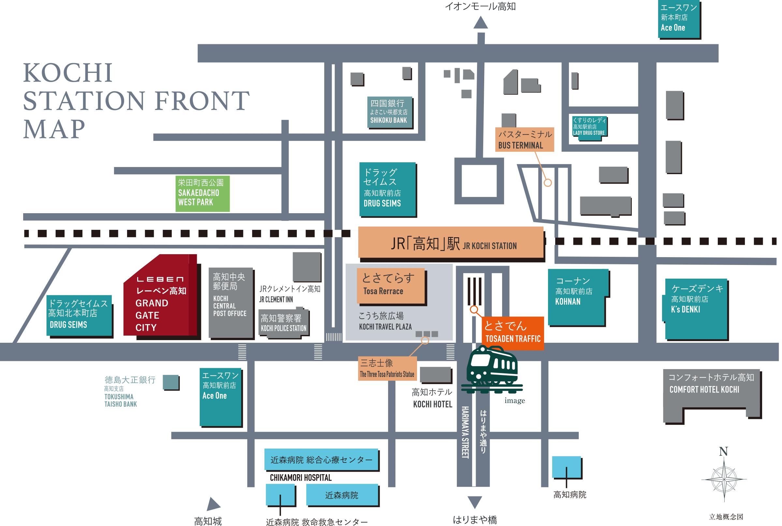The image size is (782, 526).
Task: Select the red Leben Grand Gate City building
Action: pos(160,295)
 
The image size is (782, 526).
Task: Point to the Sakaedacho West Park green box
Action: pos(202,194)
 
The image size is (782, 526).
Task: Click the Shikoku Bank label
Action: pos(389,112)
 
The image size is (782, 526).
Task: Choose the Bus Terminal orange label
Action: pos(525,140)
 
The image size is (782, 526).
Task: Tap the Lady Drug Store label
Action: pos(589,126)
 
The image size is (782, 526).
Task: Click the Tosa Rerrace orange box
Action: pos(391,286)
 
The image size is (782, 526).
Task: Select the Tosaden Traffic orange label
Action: pos(513,333)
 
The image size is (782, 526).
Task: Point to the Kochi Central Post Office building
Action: pos(231,303)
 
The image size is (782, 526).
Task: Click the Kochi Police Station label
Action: pos(284,323)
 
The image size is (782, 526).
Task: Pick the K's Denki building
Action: pos(696,309)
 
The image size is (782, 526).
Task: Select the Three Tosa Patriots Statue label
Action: pos(387,368)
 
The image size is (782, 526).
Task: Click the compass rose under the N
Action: pos(724,479)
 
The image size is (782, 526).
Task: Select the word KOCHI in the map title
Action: pos(68,73)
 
